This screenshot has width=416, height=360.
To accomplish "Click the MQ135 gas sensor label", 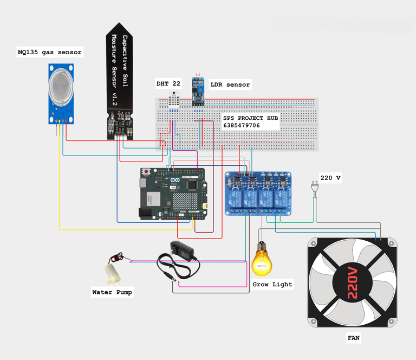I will pyautogui.click(x=49, y=53).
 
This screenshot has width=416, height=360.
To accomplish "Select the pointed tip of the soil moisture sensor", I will pyautogui.click(x=120, y=27).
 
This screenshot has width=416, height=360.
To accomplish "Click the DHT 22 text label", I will pyautogui.click(x=168, y=84).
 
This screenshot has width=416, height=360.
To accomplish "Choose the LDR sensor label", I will pyautogui.click(x=230, y=85).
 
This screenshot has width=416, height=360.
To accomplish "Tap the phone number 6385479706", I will pyautogui.click(x=241, y=125).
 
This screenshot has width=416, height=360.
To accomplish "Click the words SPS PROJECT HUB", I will pyautogui.click(x=251, y=118).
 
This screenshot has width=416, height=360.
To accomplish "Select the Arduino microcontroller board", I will pyautogui.click(x=173, y=194).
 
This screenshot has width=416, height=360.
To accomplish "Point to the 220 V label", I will pyautogui.click(x=330, y=178).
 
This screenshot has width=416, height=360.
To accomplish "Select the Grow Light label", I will pyautogui.click(x=272, y=284).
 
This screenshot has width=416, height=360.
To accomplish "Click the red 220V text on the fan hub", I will pyautogui.click(x=353, y=282).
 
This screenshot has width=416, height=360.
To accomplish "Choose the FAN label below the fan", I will pyautogui.click(x=353, y=338).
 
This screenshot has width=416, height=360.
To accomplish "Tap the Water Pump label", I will pyautogui.click(x=112, y=292).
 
